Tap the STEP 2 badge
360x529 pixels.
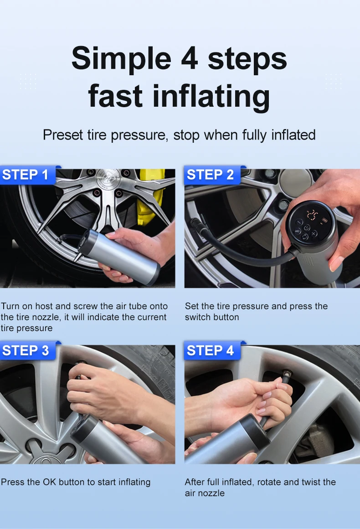tap(212, 175)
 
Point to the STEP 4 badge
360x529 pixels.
tap(212, 351)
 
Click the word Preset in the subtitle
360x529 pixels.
tap(63, 135)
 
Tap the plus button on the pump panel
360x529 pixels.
tap(314, 233)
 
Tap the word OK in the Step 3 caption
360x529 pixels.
tap(49, 482)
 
